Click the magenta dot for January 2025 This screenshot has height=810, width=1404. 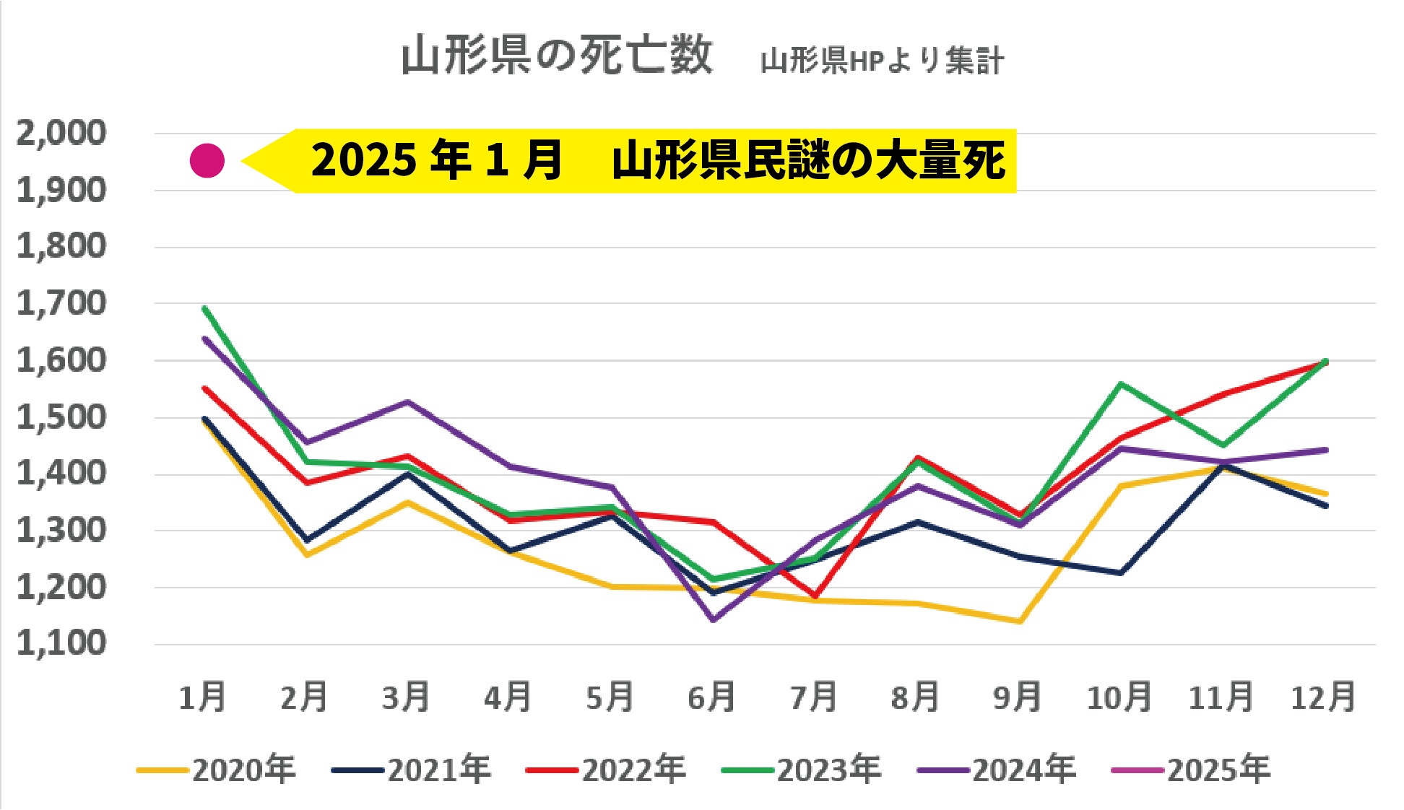click(x=207, y=160)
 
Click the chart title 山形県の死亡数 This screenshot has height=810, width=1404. click(x=556, y=56)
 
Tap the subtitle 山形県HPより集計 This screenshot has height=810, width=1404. click(x=882, y=61)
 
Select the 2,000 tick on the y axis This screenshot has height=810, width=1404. click(x=61, y=134)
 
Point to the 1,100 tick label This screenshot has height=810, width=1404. click(x=61, y=643)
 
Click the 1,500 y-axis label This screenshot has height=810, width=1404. click(x=61, y=417)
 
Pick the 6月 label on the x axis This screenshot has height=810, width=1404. click(x=711, y=697)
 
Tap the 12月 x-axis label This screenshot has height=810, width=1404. click(x=1323, y=697)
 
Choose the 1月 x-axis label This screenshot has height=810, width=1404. click(x=203, y=697)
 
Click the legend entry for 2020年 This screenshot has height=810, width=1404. click(x=217, y=770)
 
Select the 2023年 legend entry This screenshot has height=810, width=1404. click(x=802, y=770)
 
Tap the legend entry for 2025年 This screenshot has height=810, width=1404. click(x=1192, y=770)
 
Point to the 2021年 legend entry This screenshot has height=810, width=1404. click(x=412, y=770)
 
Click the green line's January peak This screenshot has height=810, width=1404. click(x=205, y=308)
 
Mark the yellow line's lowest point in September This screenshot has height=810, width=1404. click(x=1019, y=621)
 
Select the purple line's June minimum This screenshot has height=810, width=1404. click(x=714, y=619)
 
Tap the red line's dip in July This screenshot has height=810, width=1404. click(x=815, y=596)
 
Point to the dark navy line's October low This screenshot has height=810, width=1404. click(x=1120, y=573)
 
